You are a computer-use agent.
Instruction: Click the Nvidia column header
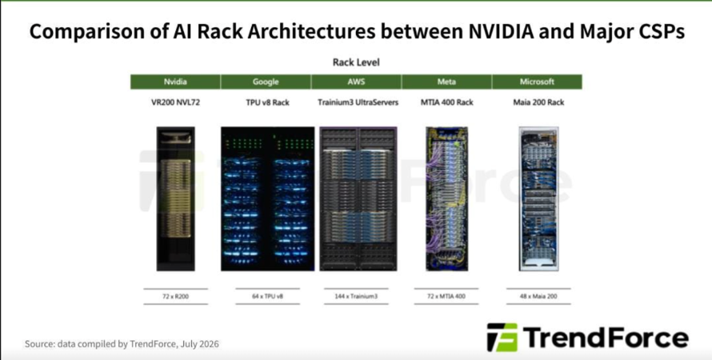point(175,82)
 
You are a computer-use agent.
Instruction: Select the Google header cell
point(266,82)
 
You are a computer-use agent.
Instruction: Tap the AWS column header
point(356,82)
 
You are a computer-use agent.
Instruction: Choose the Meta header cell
point(446,82)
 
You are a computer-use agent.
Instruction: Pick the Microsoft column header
point(537,82)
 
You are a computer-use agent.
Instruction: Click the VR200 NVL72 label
point(175,102)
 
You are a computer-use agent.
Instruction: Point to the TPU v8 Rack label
point(266,102)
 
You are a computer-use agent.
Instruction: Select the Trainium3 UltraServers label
point(358,102)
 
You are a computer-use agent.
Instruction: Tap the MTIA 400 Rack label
point(446,102)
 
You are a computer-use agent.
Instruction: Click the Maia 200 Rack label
point(538,102)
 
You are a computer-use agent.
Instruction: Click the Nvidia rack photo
point(176,199)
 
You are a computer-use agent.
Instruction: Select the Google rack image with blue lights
point(267,199)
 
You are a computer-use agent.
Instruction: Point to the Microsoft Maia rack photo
point(539,199)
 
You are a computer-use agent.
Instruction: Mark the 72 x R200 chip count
point(175,297)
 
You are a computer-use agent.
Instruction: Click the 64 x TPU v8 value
point(267,297)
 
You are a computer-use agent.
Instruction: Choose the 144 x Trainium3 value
point(357,297)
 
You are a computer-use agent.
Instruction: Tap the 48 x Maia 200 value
point(538,297)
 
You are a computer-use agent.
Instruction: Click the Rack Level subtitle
point(356,62)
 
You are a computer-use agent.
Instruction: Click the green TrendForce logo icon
point(502,338)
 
